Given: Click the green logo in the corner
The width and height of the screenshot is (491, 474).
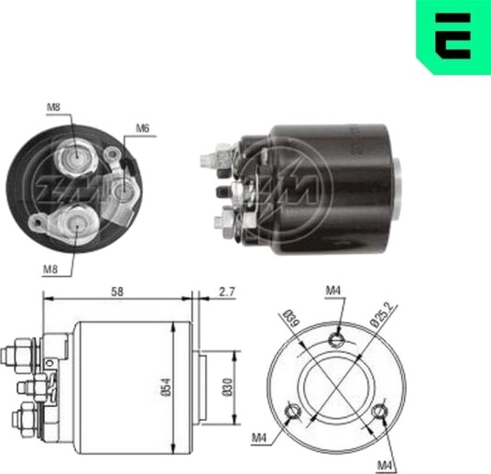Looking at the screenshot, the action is coord(453,37).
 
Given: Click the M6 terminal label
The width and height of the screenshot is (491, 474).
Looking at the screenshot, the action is coord(143,128).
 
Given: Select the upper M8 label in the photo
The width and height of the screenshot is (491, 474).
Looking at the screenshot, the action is coord(53,107).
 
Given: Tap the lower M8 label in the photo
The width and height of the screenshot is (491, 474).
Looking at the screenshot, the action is coord(50,269).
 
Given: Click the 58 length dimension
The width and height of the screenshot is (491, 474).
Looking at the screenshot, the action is coord(117,292).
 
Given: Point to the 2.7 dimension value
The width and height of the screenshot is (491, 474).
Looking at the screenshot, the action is coord(226,292).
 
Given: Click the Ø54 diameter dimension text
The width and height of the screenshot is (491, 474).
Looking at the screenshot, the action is coord(167,387).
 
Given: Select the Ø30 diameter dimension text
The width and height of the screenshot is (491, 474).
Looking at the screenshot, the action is coord(228,387).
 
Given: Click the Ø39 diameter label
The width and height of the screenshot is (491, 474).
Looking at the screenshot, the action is coord(291,318).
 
